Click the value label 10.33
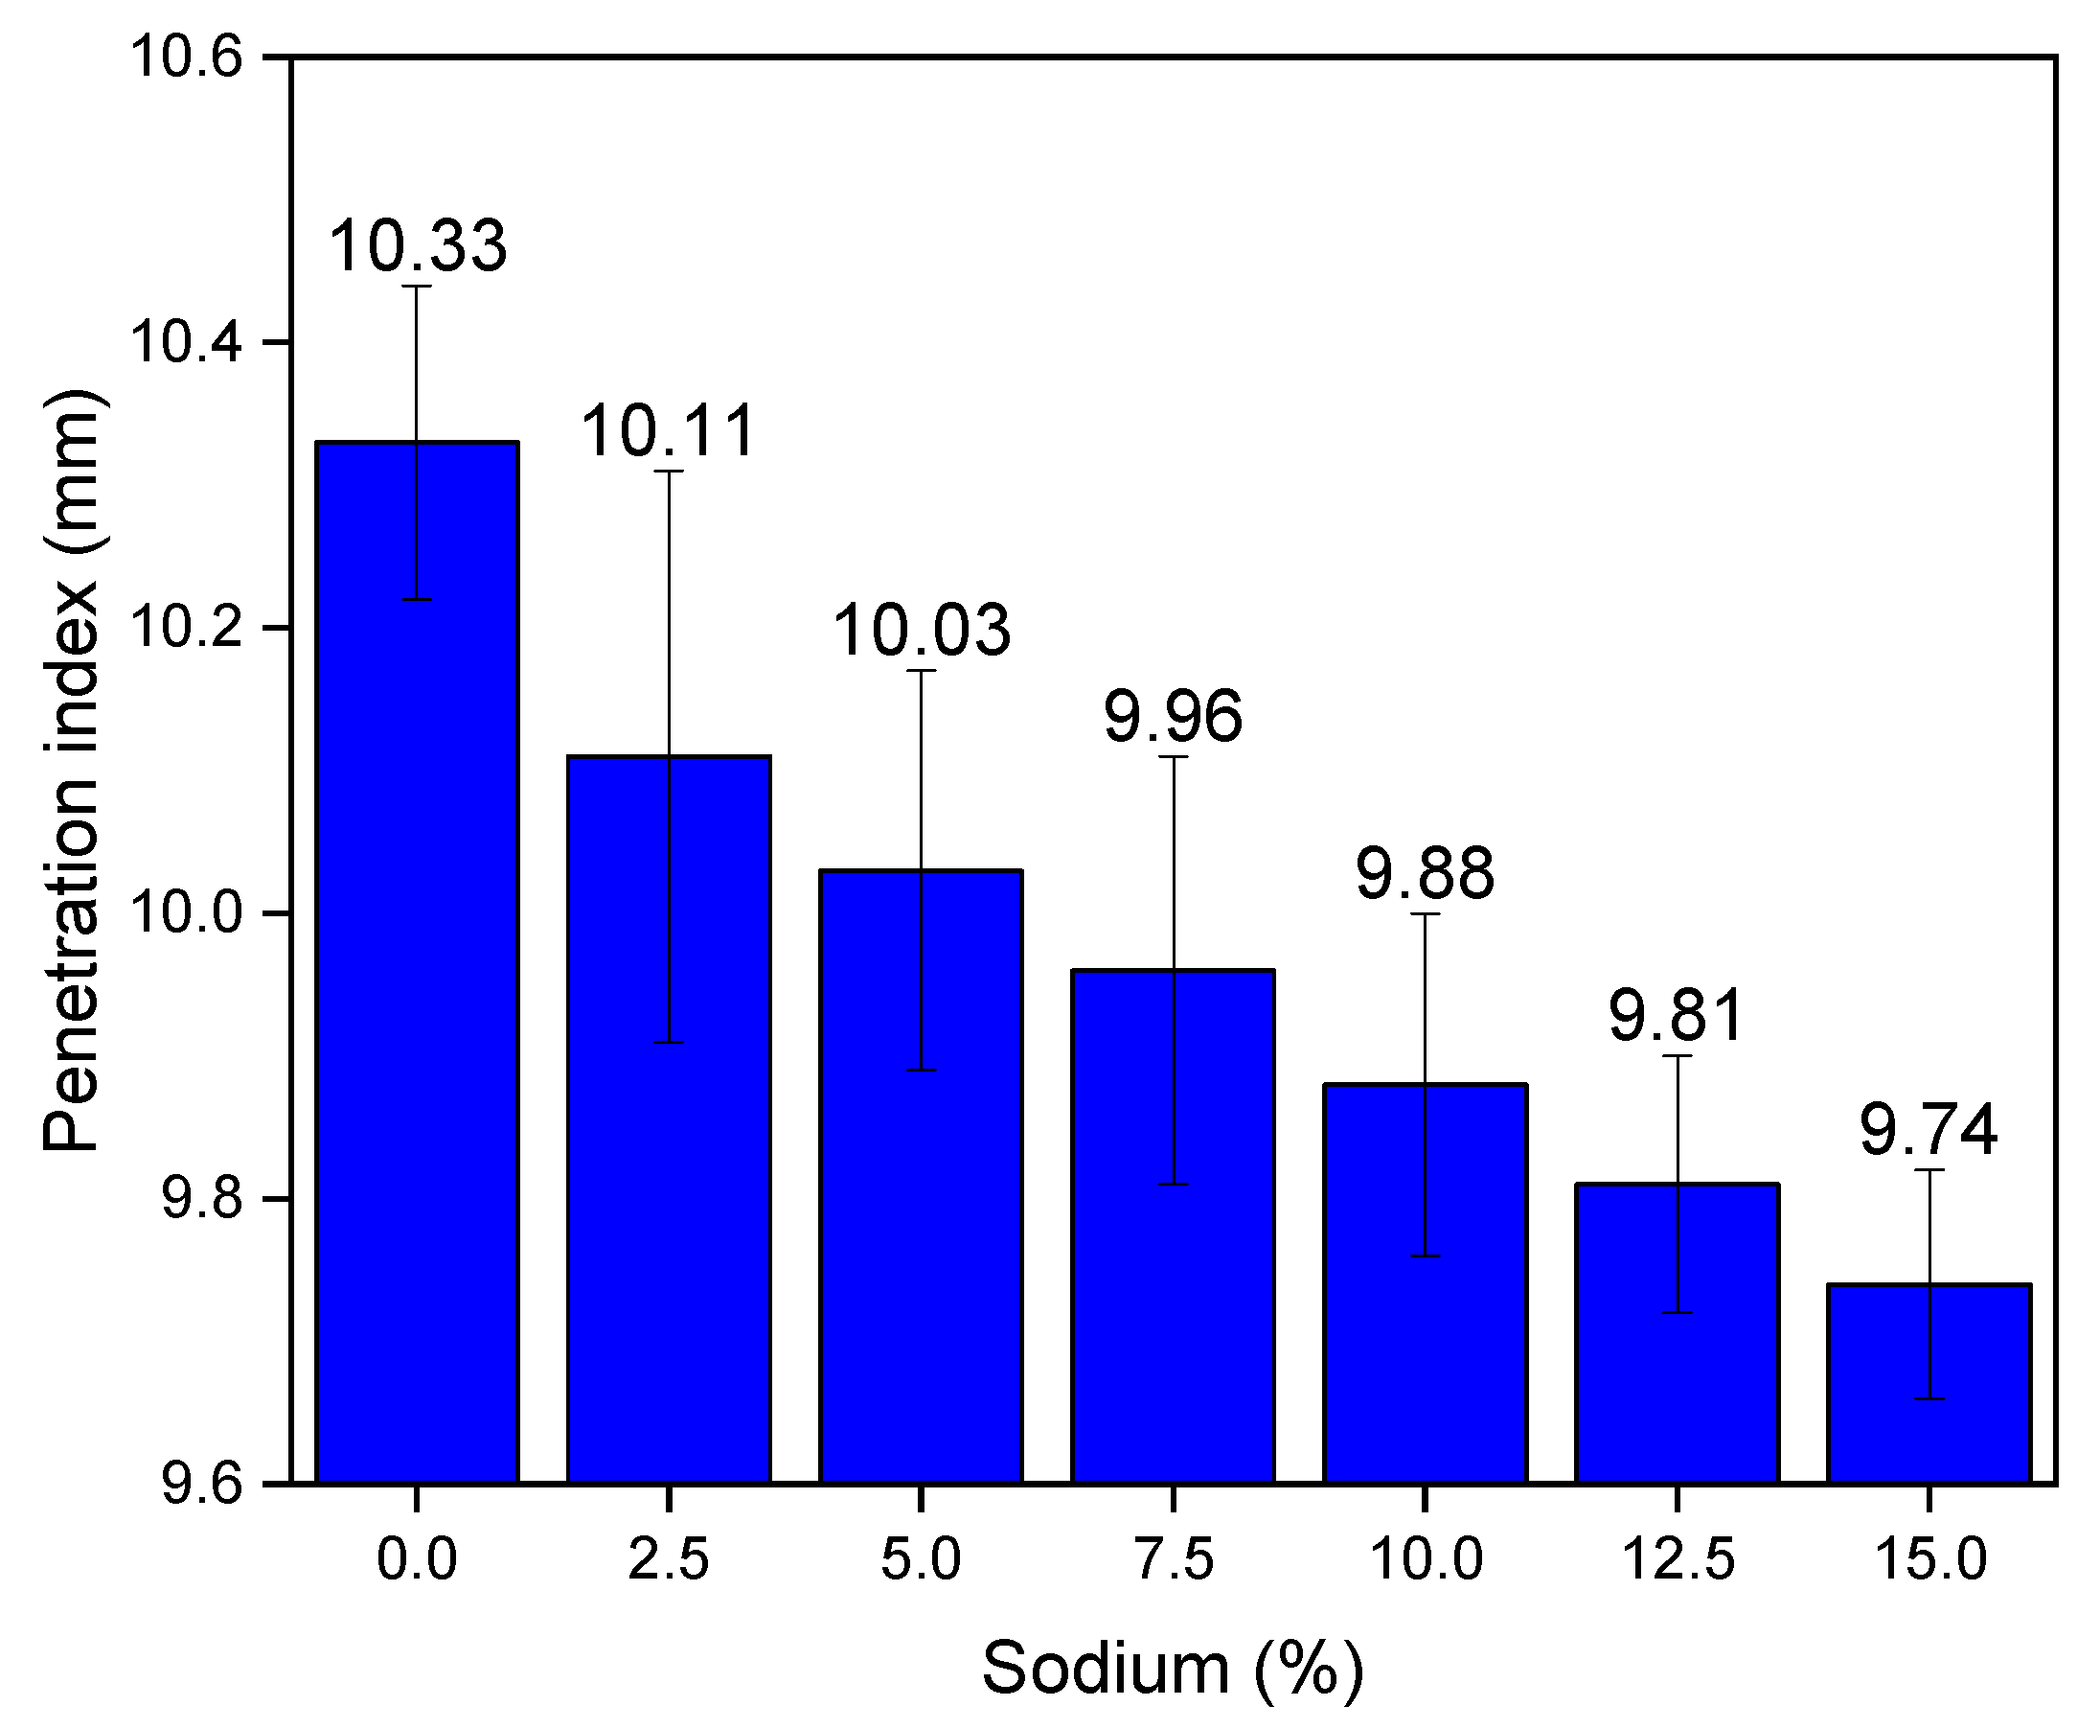coord(417,246)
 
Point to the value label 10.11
coord(668,432)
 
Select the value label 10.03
coord(921,632)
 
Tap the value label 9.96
coord(1173,716)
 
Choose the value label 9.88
coord(1425,873)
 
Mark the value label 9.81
coord(1677,1016)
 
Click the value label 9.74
coord(1929,1130)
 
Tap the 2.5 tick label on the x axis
coord(668,1557)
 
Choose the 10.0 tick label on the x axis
coord(1425,1557)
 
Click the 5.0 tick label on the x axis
coord(921,1557)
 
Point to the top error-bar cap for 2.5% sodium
coord(668,472)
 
